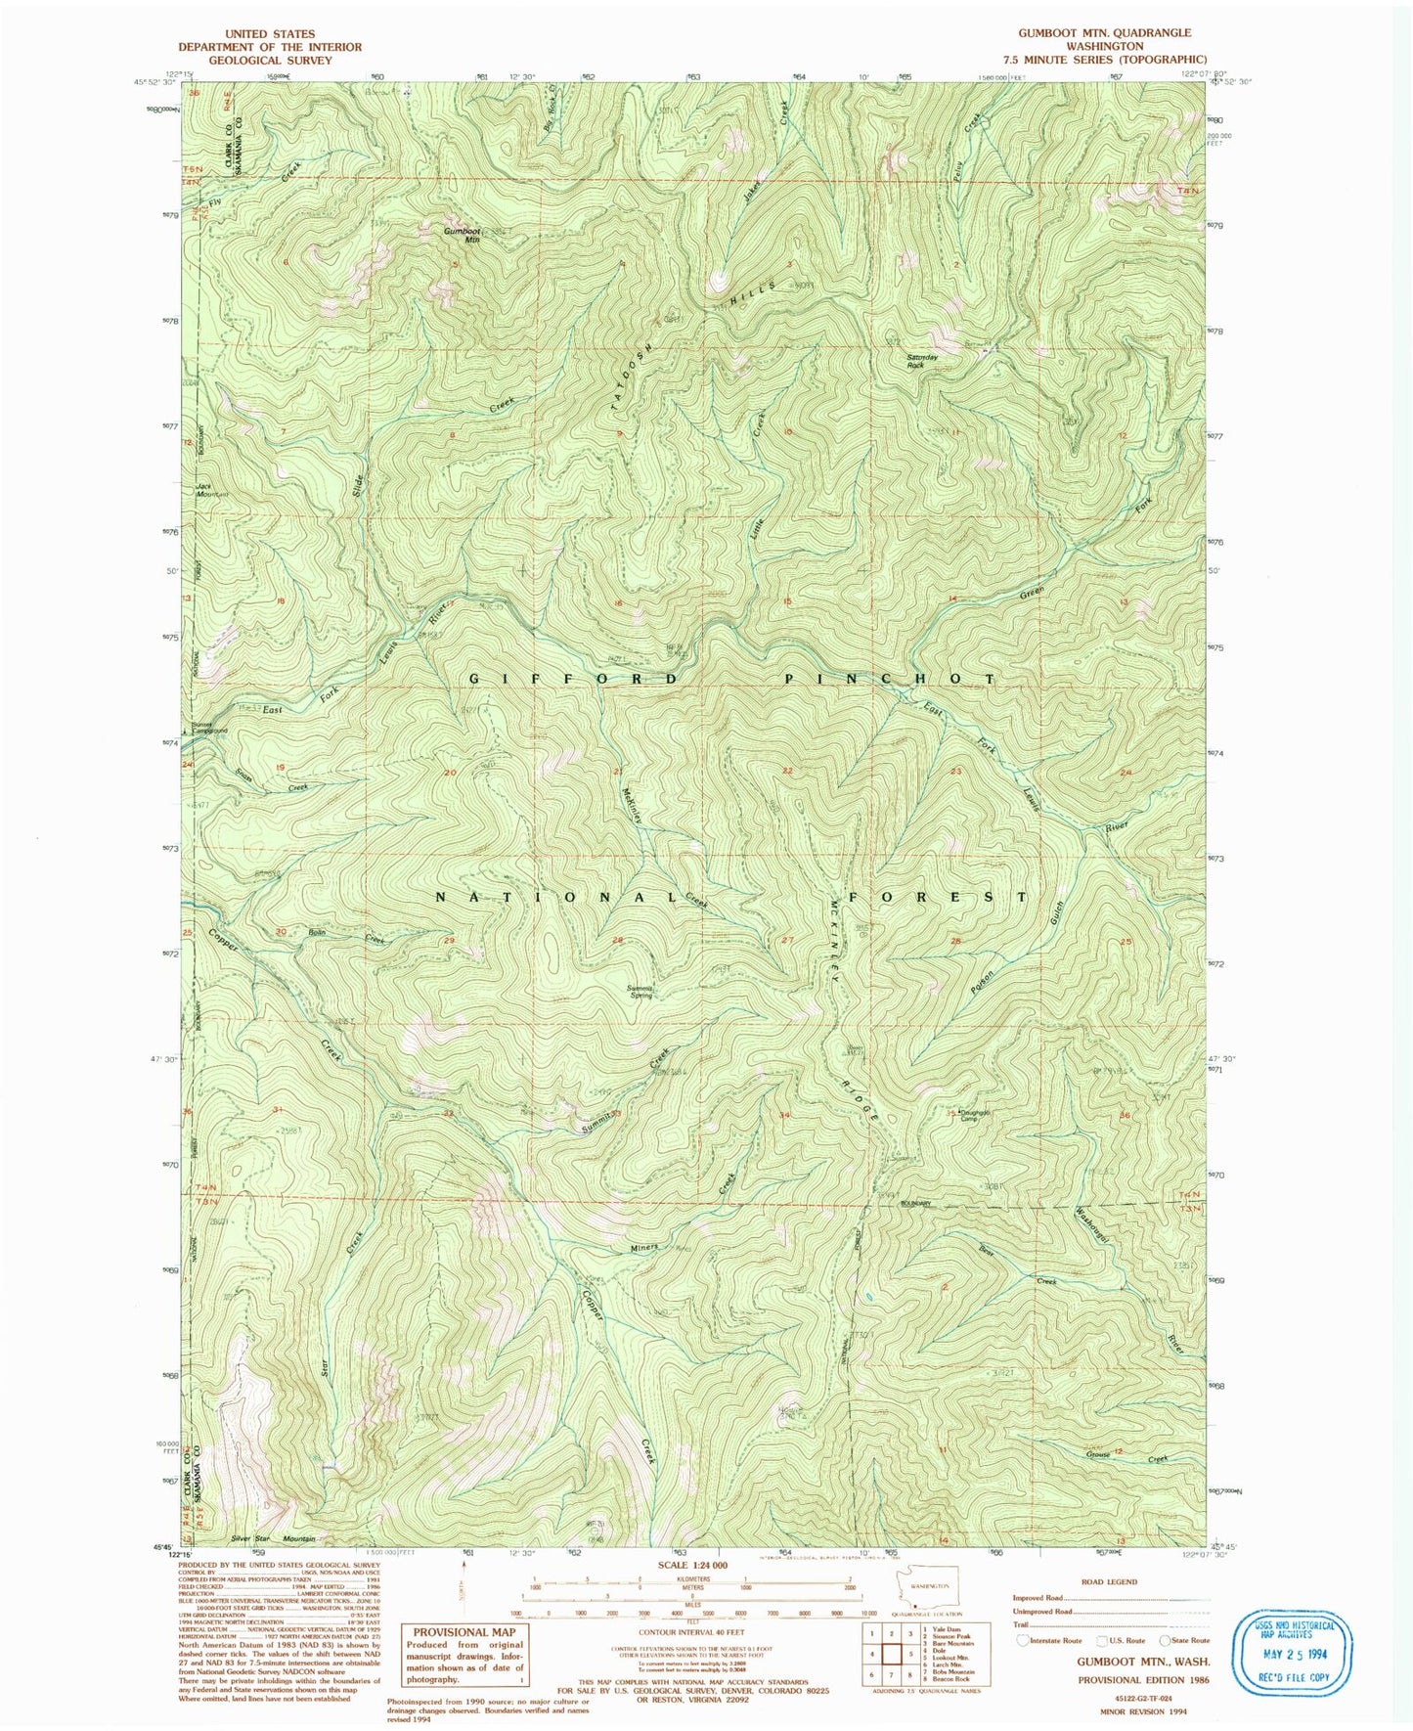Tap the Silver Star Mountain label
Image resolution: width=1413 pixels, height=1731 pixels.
point(274,1538)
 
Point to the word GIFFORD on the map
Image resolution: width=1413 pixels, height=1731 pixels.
point(574,679)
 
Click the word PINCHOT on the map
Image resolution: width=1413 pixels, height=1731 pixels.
point(890,679)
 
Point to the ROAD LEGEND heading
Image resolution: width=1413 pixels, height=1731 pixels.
point(1108,1580)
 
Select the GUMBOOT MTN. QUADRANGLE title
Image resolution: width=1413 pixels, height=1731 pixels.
point(1104,32)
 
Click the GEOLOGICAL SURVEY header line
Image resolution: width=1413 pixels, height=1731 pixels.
point(269,60)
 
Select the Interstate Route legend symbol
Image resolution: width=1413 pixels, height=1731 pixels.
point(1023,1640)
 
